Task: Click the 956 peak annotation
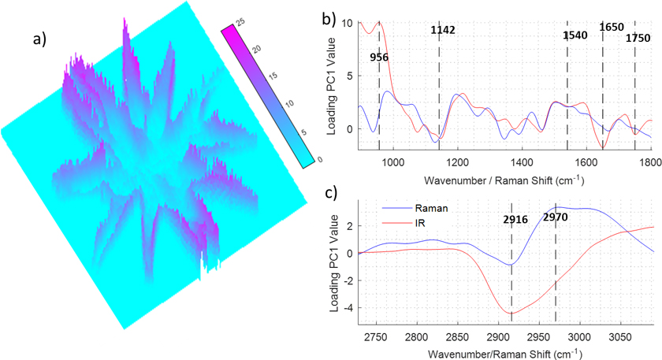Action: tap(379, 58)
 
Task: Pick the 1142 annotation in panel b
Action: tap(443, 31)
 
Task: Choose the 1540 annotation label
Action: tap(576, 35)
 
